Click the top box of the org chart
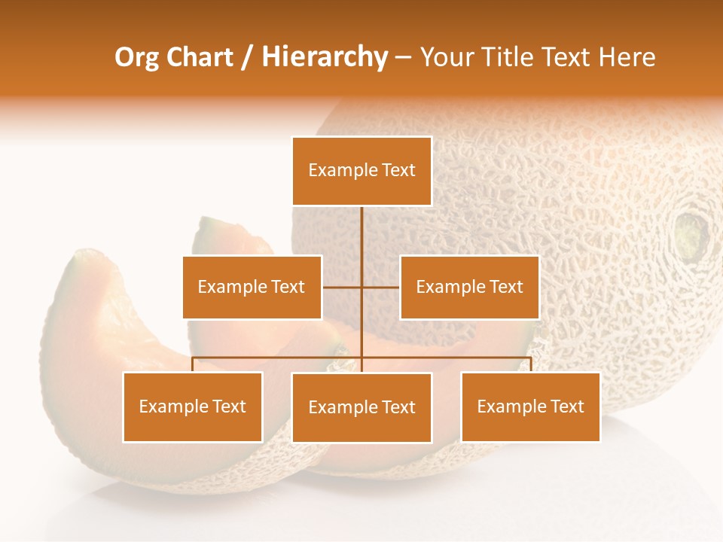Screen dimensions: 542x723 click(361, 171)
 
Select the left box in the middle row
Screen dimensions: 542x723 click(252, 287)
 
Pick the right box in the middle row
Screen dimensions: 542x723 click(469, 287)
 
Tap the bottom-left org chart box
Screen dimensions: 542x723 click(192, 407)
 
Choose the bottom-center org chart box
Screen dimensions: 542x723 click(361, 408)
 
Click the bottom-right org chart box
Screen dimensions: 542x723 click(530, 407)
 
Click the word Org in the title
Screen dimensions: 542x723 click(136, 58)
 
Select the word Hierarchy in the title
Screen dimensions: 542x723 click(324, 58)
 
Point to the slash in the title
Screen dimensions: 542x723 click(248, 58)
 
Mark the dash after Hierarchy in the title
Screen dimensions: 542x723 click(403, 58)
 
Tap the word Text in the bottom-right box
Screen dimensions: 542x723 click(567, 407)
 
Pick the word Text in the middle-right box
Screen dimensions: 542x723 click(506, 287)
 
